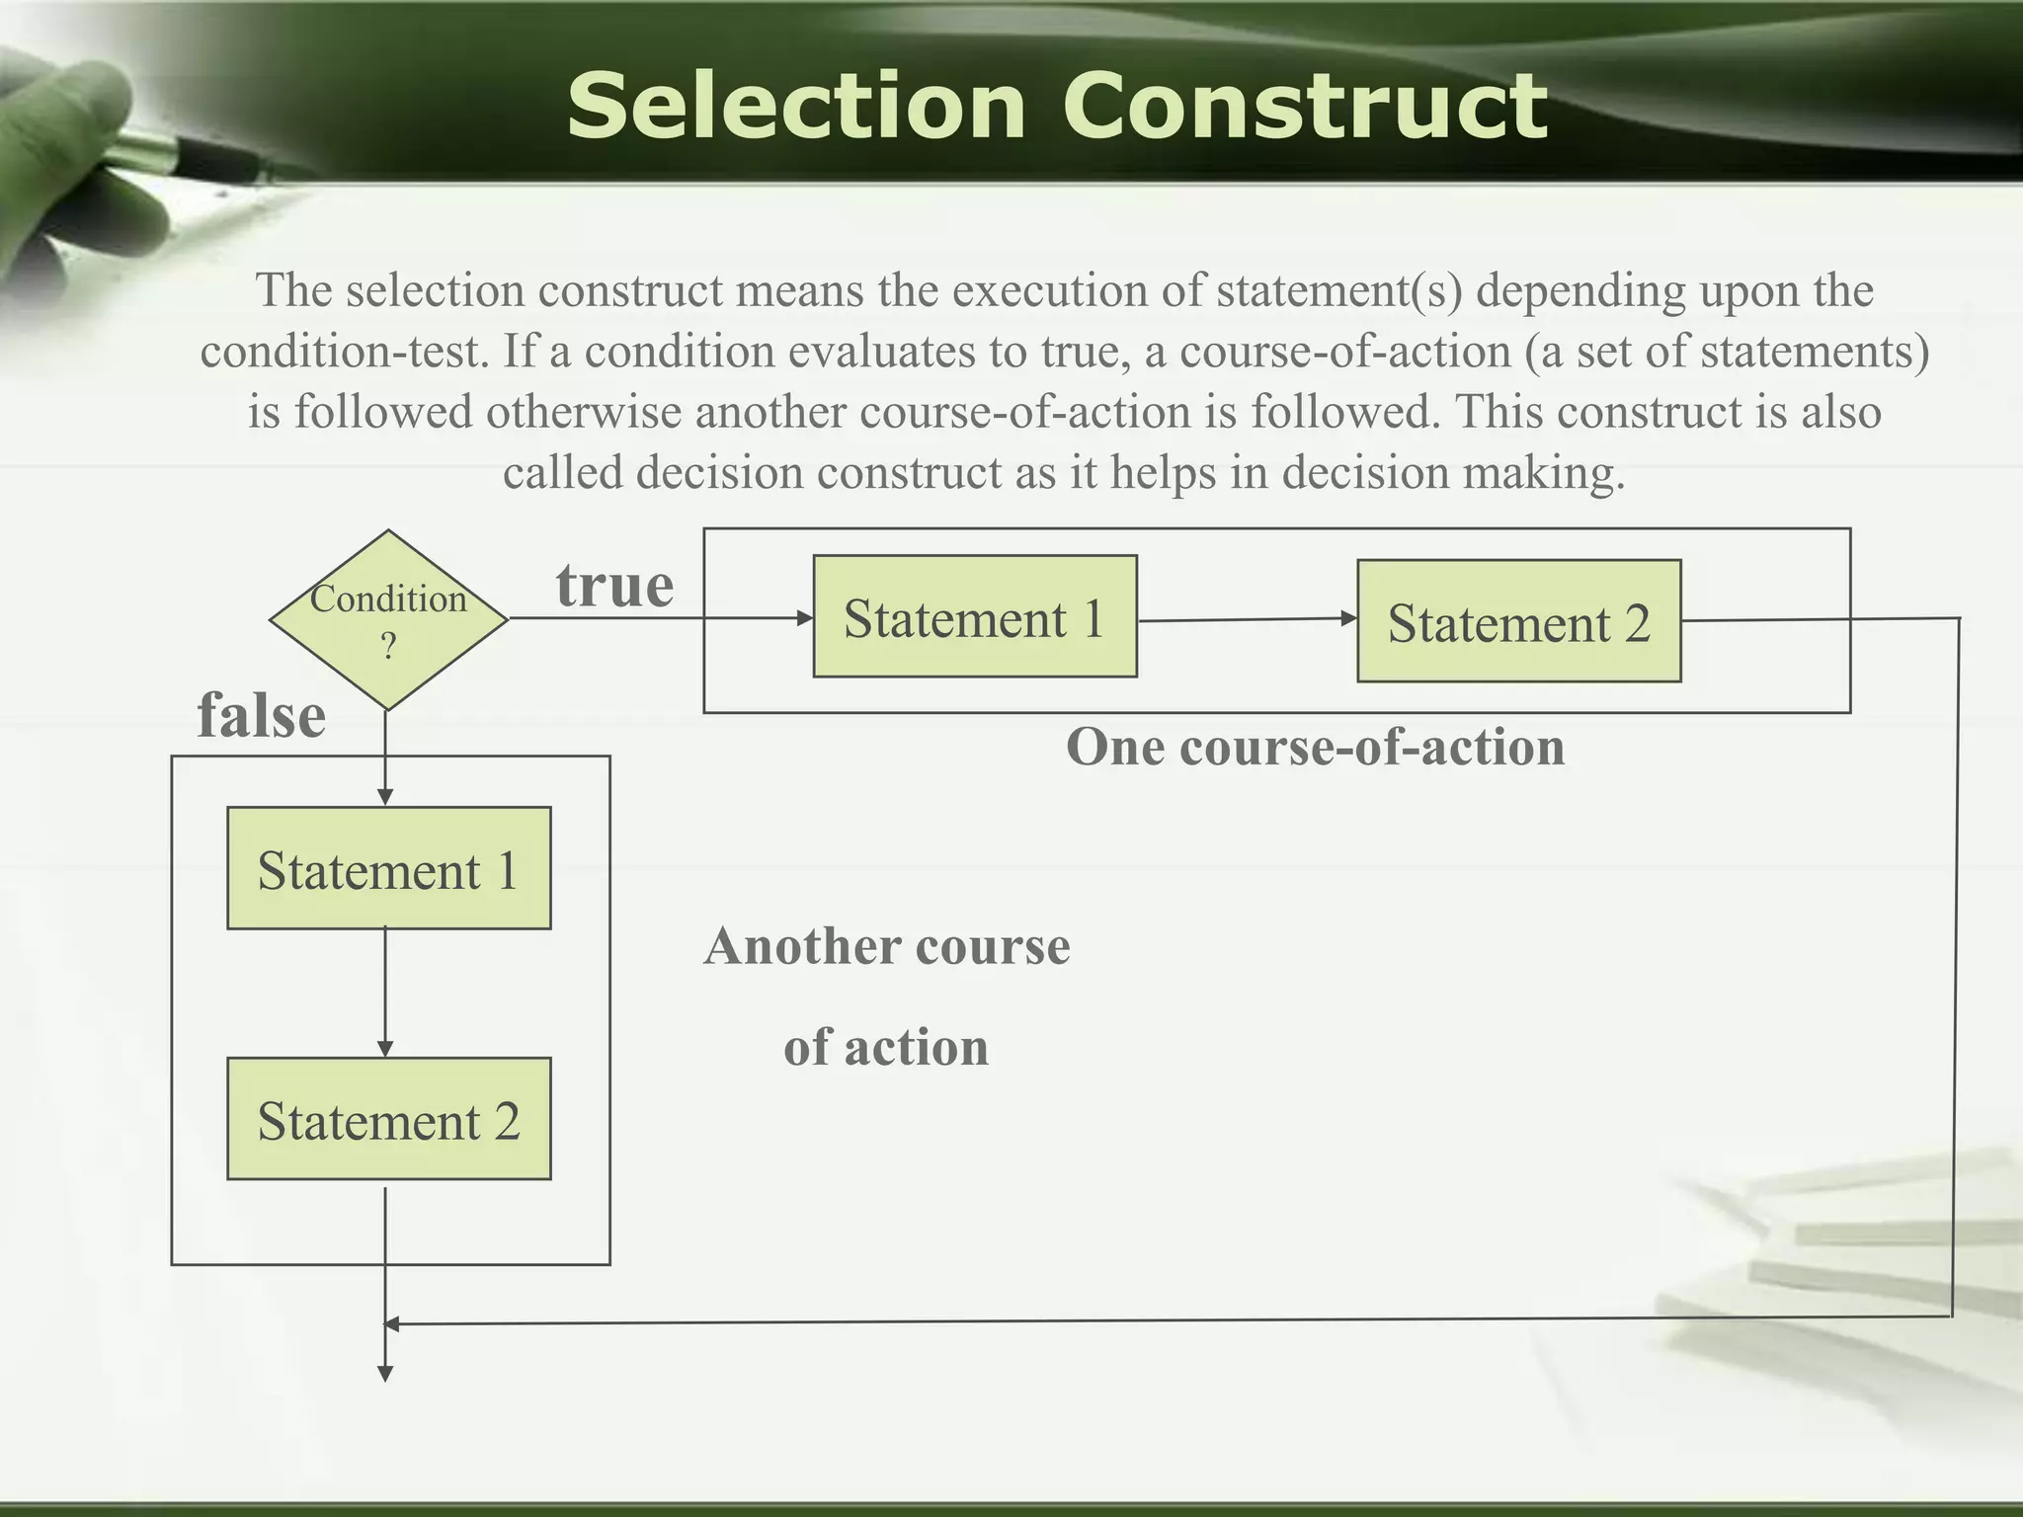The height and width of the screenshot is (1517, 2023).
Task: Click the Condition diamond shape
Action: [388, 620]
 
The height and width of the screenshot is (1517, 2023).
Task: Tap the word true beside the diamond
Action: [614, 586]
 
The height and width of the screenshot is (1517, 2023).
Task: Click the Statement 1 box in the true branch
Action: [974, 617]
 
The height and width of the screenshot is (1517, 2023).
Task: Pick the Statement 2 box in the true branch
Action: [1518, 622]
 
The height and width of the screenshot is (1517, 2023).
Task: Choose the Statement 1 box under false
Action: [388, 869]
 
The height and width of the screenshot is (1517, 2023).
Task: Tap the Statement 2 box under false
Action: [388, 1120]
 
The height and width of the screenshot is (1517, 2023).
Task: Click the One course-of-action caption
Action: [1315, 747]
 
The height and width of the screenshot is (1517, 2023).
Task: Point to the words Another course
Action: [886, 946]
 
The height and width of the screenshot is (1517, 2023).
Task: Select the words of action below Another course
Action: [886, 1047]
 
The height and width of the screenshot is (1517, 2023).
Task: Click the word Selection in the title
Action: [796, 107]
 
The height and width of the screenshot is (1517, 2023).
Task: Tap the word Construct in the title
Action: [1304, 107]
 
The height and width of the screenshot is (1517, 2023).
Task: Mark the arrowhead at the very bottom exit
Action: [385, 1373]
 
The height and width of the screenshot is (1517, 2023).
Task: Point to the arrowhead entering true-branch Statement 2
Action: [1348, 618]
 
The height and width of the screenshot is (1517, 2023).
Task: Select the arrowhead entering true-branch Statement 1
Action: [805, 618]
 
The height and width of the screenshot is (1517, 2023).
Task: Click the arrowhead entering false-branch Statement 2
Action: [385, 1049]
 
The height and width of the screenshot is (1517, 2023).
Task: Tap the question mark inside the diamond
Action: [388, 646]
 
